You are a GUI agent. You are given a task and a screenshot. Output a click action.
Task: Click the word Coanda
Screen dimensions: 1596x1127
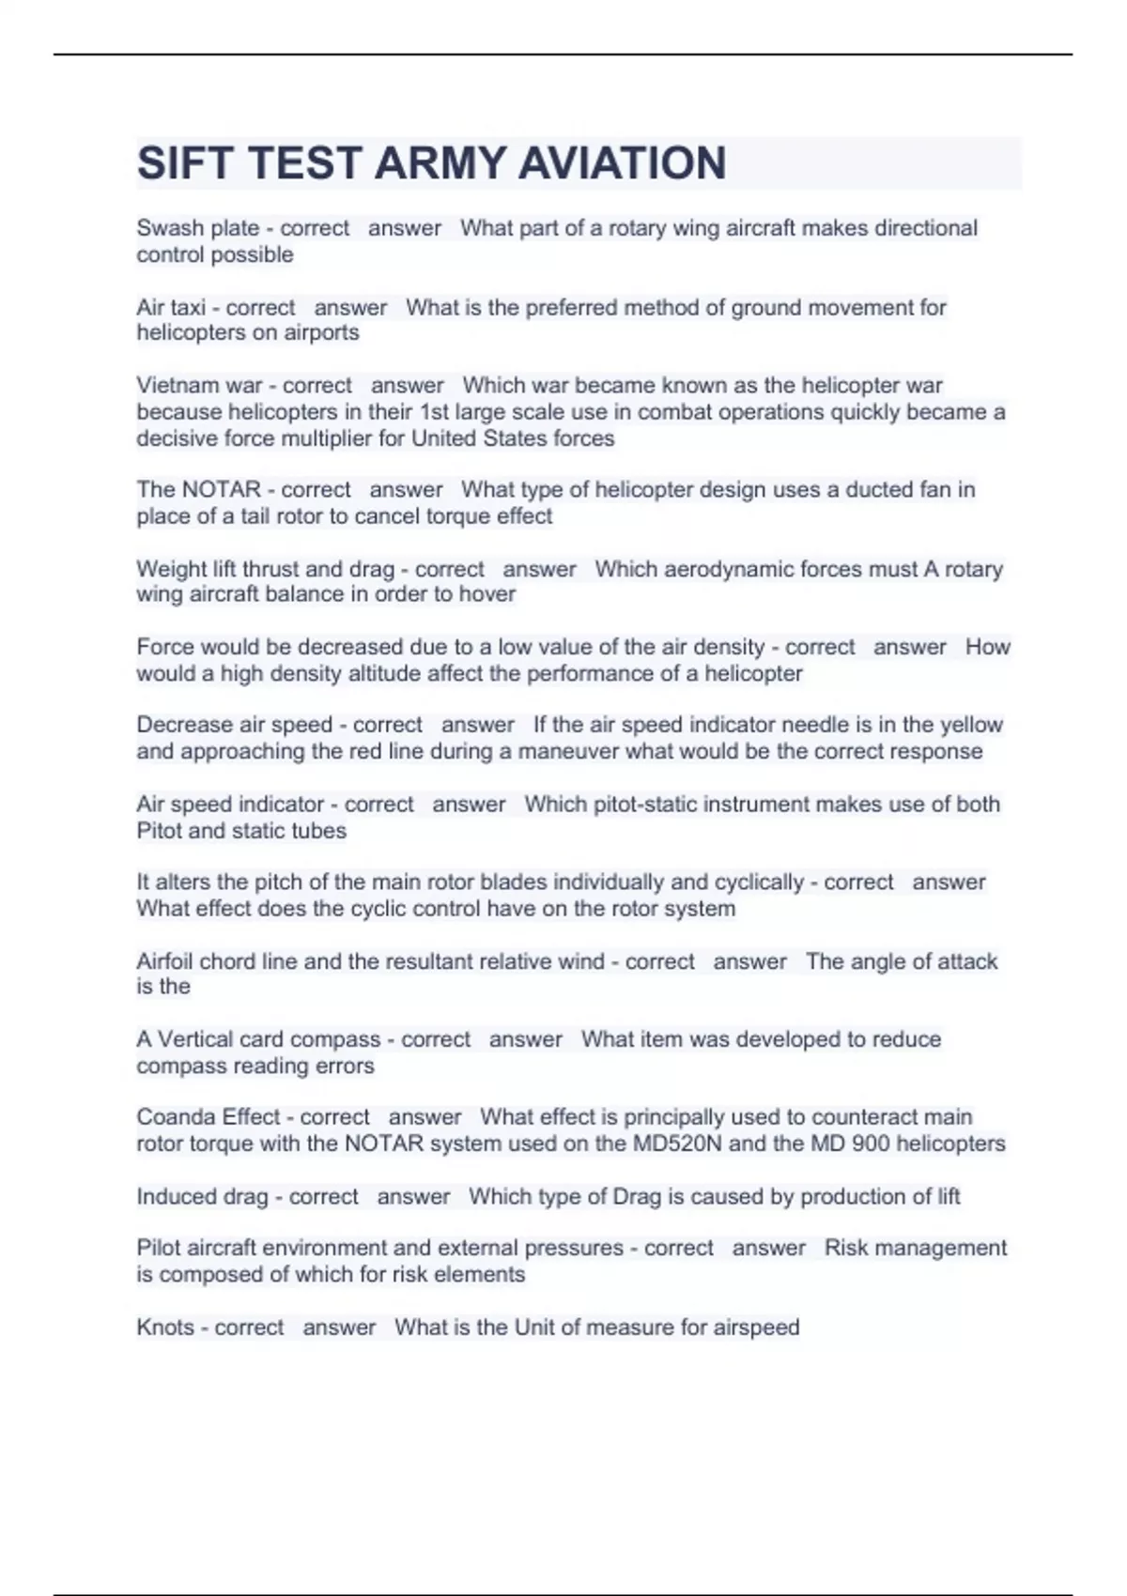tap(176, 1117)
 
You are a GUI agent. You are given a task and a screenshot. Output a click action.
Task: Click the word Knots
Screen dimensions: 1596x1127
tap(165, 1327)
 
